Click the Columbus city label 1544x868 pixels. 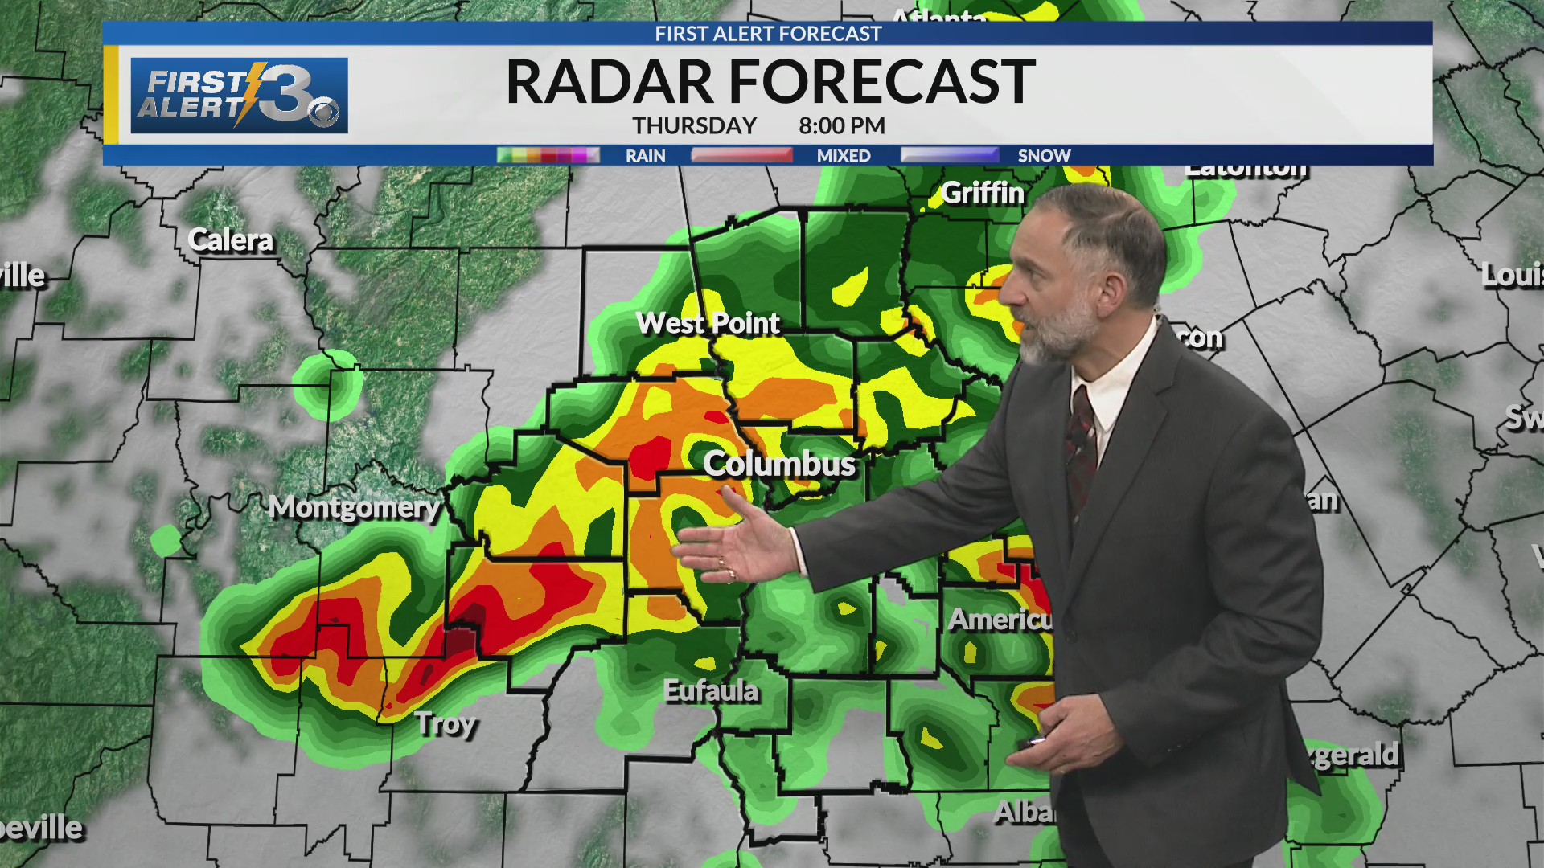pyautogui.click(x=778, y=465)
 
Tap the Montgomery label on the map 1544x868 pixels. pyautogui.click(x=354, y=507)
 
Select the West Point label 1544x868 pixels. pyautogui.click(x=708, y=323)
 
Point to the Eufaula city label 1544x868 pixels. pyautogui.click(x=711, y=690)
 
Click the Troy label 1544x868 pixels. pyautogui.click(x=446, y=724)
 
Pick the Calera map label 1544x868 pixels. pyautogui.click(x=230, y=240)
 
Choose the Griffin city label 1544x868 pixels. pyautogui.click(x=982, y=193)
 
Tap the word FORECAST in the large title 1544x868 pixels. pyautogui.click(x=882, y=81)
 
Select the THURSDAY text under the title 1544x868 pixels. pyautogui.click(x=694, y=126)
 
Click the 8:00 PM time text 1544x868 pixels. pyautogui.click(x=841, y=126)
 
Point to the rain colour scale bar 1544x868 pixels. pyautogui.click(x=548, y=155)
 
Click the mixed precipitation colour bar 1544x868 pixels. pyautogui.click(x=741, y=155)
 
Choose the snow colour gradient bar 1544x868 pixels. pyautogui.click(x=950, y=155)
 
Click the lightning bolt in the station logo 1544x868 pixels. pyautogui.click(x=250, y=93)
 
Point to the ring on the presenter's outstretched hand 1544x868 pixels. pyautogui.click(x=730, y=574)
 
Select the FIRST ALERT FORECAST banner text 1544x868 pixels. pyautogui.click(x=768, y=34)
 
